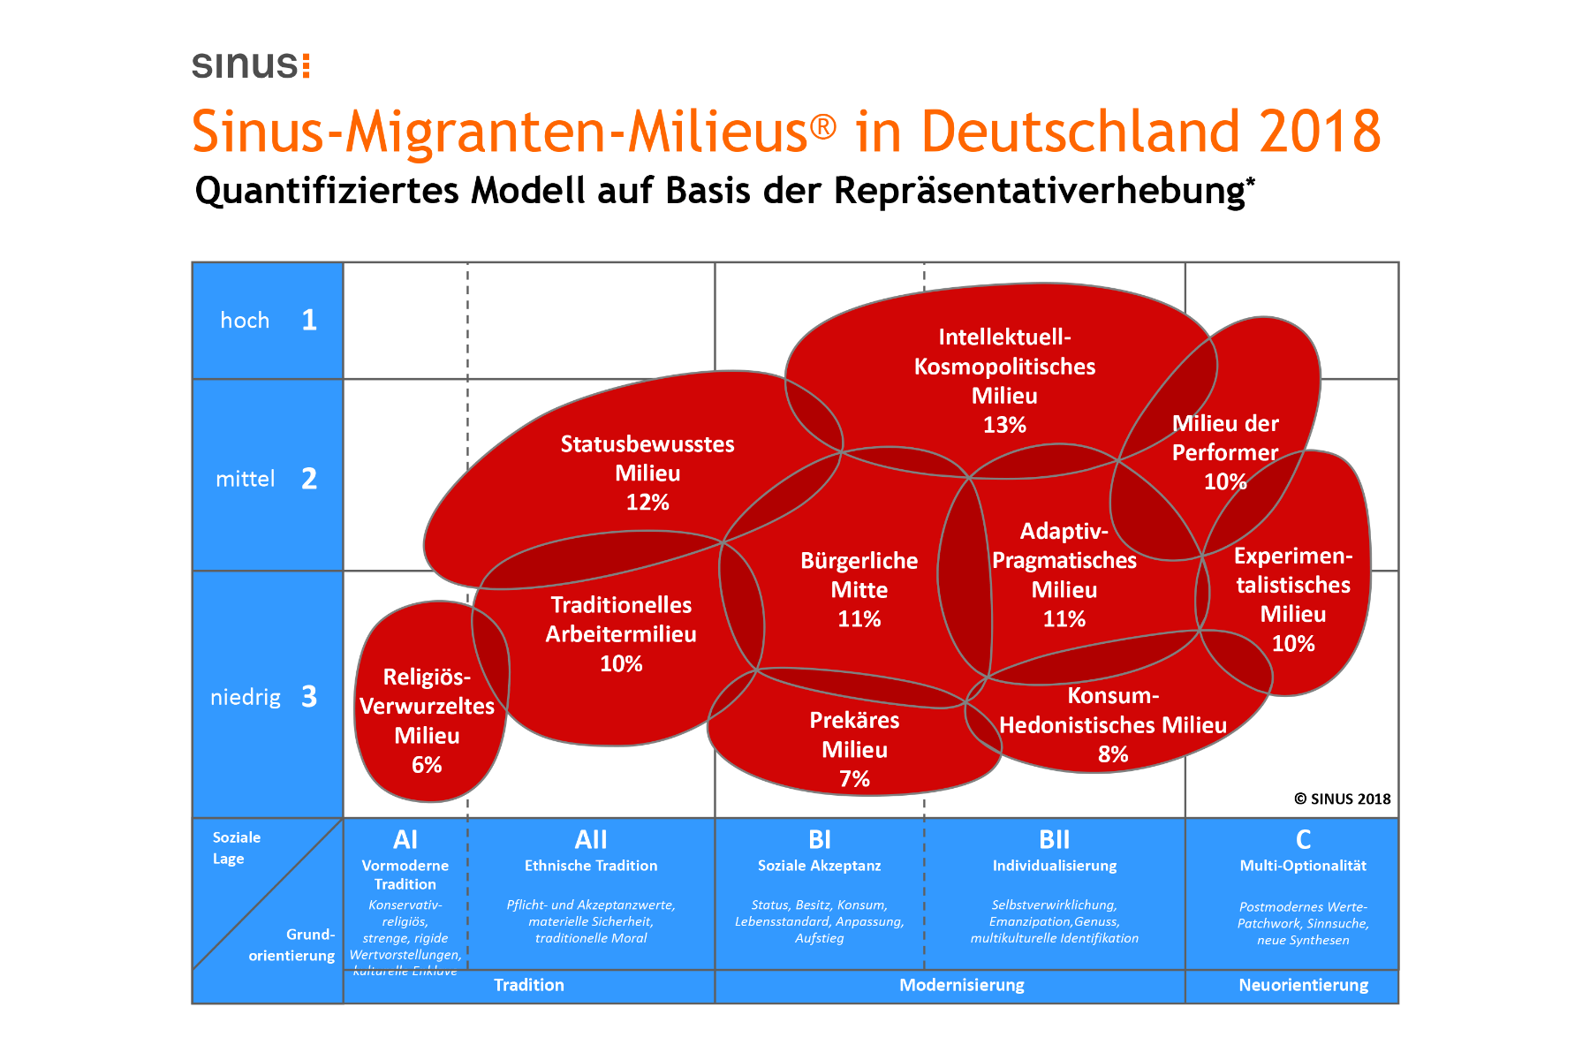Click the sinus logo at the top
(251, 65)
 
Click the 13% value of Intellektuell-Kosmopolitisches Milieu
(1004, 425)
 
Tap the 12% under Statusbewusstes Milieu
(647, 503)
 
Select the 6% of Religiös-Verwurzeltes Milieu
(427, 765)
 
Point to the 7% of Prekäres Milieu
(854, 779)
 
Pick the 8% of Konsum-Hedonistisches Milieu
(1113, 754)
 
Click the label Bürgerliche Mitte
(859, 575)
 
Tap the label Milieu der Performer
(1225, 438)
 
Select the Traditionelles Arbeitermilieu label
(621, 619)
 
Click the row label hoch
(245, 321)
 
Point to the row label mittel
(246, 479)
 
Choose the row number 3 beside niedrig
(309, 697)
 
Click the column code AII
(591, 839)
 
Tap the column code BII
(1054, 839)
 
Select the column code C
(1303, 839)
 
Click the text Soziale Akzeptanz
(819, 866)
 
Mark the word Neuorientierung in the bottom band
(1303, 985)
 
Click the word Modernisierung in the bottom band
(961, 985)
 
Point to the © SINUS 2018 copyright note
(1342, 799)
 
